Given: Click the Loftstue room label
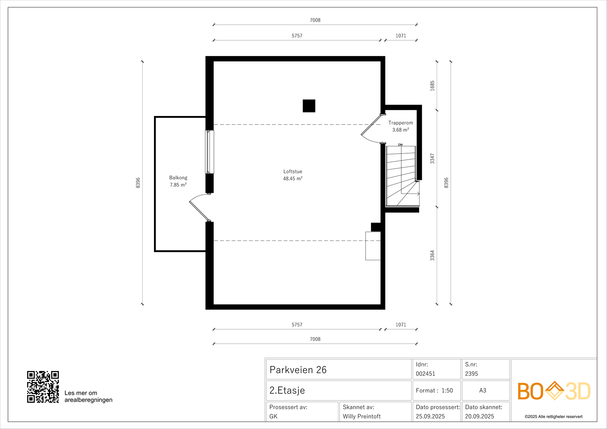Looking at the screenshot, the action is [x=292, y=171].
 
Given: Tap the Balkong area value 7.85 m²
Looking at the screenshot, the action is [x=178, y=185].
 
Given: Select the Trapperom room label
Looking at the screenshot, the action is [x=401, y=123].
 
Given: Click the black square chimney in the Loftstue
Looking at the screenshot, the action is [x=309, y=106].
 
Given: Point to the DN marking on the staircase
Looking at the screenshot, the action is [x=400, y=145].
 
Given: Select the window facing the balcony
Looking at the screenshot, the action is [x=209, y=152].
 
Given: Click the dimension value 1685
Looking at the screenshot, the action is [x=432, y=86].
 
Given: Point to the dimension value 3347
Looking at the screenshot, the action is [x=432, y=159].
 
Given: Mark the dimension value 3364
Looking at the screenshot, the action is [x=432, y=256].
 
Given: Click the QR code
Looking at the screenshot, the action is [x=43, y=387].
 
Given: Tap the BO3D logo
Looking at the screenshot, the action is [x=554, y=391].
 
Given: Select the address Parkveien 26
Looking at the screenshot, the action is [x=298, y=370].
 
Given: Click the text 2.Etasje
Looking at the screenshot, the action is [x=287, y=391].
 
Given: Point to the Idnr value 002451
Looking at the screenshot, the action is [x=425, y=374].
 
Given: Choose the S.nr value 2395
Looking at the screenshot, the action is [x=472, y=374].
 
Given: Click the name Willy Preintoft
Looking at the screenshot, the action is [x=362, y=416].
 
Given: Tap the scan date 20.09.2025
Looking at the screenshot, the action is [x=480, y=416].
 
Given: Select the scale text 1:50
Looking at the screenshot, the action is [x=447, y=391].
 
